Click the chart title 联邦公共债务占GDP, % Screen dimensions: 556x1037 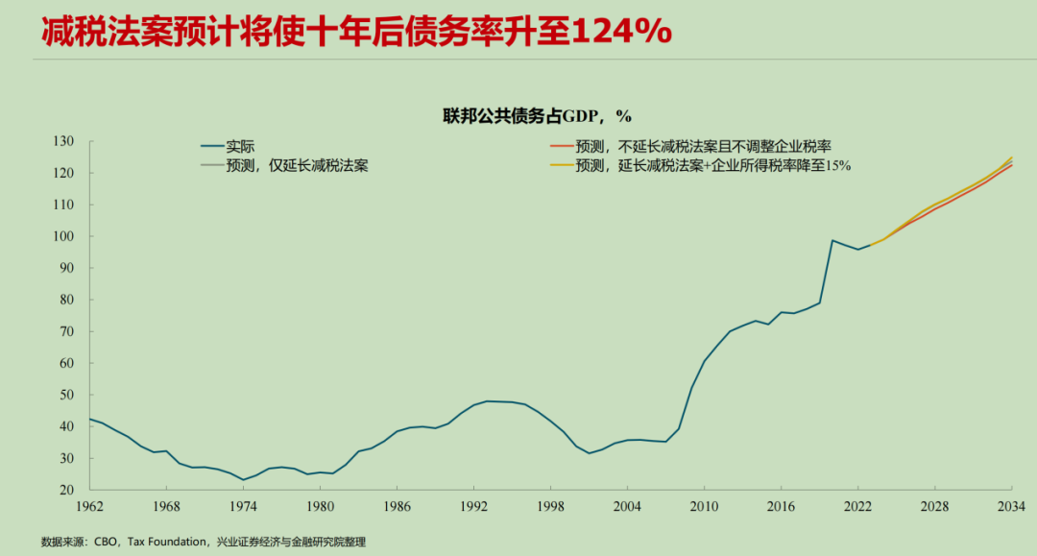click(x=537, y=116)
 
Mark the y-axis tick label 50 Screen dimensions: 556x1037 click(x=65, y=395)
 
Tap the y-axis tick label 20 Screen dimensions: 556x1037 click(x=65, y=490)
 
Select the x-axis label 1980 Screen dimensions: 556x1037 click(x=319, y=506)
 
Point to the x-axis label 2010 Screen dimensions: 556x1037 click(x=704, y=506)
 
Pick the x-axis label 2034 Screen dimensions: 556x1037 click(x=1011, y=506)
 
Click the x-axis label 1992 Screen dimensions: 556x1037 click(x=472, y=506)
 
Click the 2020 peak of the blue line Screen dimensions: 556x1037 click(x=832, y=240)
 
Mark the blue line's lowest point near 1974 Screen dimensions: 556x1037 click(x=243, y=479)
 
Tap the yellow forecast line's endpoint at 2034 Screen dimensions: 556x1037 click(x=1012, y=157)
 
